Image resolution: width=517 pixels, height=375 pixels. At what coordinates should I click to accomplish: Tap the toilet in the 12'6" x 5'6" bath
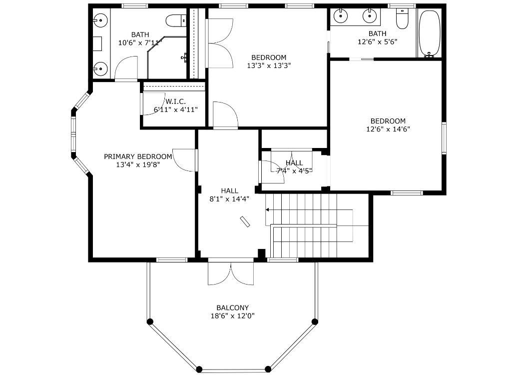tap(402, 19)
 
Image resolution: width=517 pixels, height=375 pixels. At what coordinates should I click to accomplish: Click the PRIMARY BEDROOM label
tap(138, 156)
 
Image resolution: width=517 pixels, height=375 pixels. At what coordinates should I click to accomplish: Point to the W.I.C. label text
tap(175, 101)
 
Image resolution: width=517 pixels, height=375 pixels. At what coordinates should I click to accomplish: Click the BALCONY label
tap(232, 307)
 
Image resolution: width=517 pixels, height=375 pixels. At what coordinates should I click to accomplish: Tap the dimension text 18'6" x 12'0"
tap(232, 316)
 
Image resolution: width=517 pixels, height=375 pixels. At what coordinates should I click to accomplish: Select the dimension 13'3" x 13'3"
tap(269, 65)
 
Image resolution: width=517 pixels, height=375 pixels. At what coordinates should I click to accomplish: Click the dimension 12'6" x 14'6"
tap(388, 129)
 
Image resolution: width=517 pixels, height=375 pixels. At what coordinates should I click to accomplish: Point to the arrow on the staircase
tap(270, 210)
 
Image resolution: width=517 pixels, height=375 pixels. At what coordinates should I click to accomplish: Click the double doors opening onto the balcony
tap(231, 273)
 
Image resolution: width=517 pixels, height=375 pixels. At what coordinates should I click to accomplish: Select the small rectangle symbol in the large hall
tap(245, 222)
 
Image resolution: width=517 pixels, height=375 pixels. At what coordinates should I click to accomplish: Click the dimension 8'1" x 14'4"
tap(229, 198)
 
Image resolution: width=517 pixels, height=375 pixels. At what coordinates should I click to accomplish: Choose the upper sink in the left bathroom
tap(100, 20)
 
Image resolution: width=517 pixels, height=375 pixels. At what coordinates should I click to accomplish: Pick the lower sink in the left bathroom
tap(100, 68)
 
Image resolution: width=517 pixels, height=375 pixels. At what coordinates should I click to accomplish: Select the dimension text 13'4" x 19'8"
tap(138, 164)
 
